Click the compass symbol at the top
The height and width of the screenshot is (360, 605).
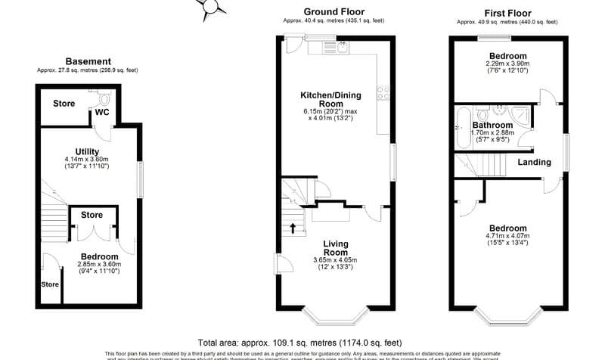211,7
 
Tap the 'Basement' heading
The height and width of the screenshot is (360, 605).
88,61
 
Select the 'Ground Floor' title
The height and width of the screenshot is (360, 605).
334,11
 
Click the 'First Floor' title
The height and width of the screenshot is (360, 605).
507,13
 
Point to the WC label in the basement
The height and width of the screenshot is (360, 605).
103,113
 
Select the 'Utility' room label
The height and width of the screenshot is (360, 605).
88,151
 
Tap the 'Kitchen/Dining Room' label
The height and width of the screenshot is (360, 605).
331,99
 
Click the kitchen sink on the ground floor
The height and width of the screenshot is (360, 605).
341,48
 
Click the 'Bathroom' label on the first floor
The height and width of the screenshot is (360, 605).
492,125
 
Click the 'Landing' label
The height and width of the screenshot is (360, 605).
533,162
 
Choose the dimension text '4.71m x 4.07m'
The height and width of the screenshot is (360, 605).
506,235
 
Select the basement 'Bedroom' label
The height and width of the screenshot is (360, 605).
99,256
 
